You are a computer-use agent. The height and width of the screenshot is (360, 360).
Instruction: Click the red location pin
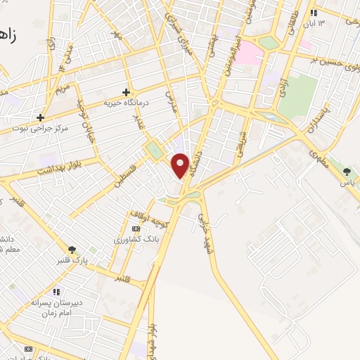(181, 165)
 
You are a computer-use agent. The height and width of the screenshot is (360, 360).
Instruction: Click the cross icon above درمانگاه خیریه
(126, 91)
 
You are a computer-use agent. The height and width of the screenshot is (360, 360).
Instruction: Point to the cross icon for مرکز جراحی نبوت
(41, 117)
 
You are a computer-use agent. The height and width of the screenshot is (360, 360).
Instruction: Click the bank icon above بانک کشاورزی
(136, 229)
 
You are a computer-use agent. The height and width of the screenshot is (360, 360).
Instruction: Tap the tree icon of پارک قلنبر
(72, 250)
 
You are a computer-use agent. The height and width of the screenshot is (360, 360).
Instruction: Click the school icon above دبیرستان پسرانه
(56, 292)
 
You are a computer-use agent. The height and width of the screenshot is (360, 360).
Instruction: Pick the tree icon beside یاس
(346, 171)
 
